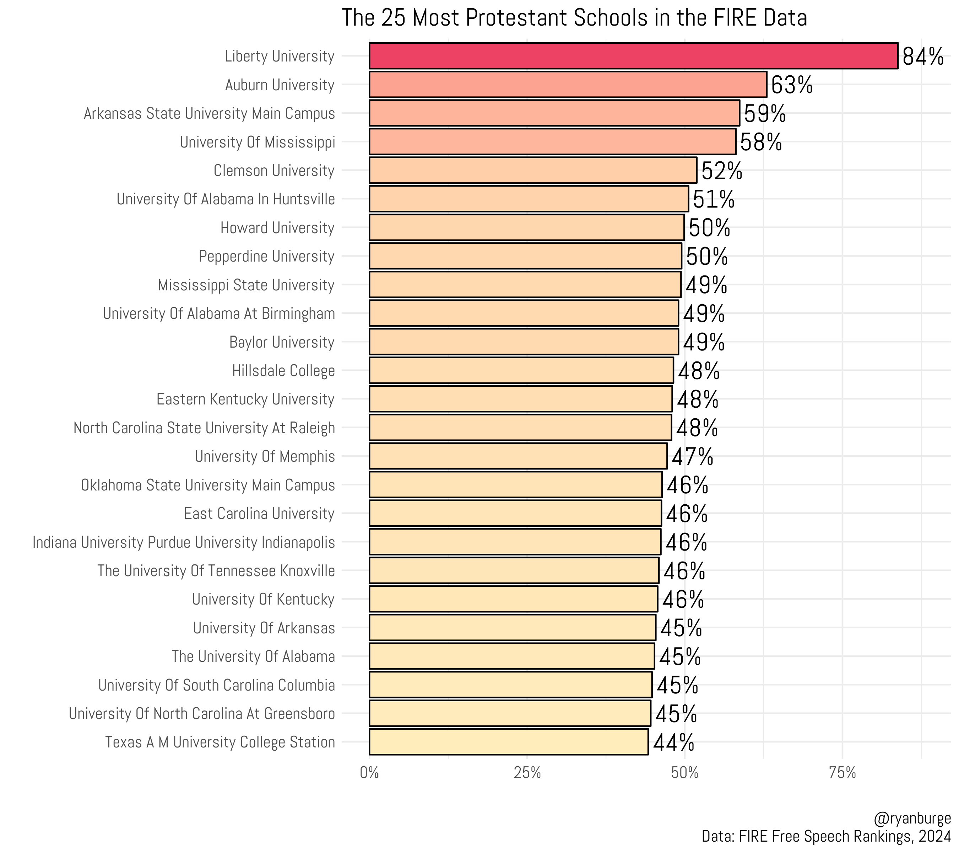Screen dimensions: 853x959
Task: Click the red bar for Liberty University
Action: click(x=633, y=56)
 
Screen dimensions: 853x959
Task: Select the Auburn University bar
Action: click(x=567, y=85)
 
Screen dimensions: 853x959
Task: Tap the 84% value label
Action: click(x=922, y=57)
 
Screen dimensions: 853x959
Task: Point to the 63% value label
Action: click(x=791, y=85)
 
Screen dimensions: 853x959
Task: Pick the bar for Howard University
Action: click(x=526, y=227)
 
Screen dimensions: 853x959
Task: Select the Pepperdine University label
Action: click(x=266, y=256)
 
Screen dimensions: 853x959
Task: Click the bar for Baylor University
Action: click(x=523, y=342)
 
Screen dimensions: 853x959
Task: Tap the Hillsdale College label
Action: click(x=283, y=371)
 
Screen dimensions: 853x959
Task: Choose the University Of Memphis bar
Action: click(x=518, y=456)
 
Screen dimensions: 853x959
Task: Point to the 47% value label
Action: click(x=692, y=457)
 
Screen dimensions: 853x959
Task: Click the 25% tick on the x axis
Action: click(x=527, y=773)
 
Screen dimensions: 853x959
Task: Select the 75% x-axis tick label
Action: click(x=842, y=773)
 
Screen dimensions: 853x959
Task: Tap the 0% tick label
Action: click(x=369, y=773)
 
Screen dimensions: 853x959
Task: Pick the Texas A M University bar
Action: click(x=508, y=742)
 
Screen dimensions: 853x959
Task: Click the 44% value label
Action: click(x=673, y=743)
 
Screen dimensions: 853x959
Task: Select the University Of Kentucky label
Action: click(x=263, y=600)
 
